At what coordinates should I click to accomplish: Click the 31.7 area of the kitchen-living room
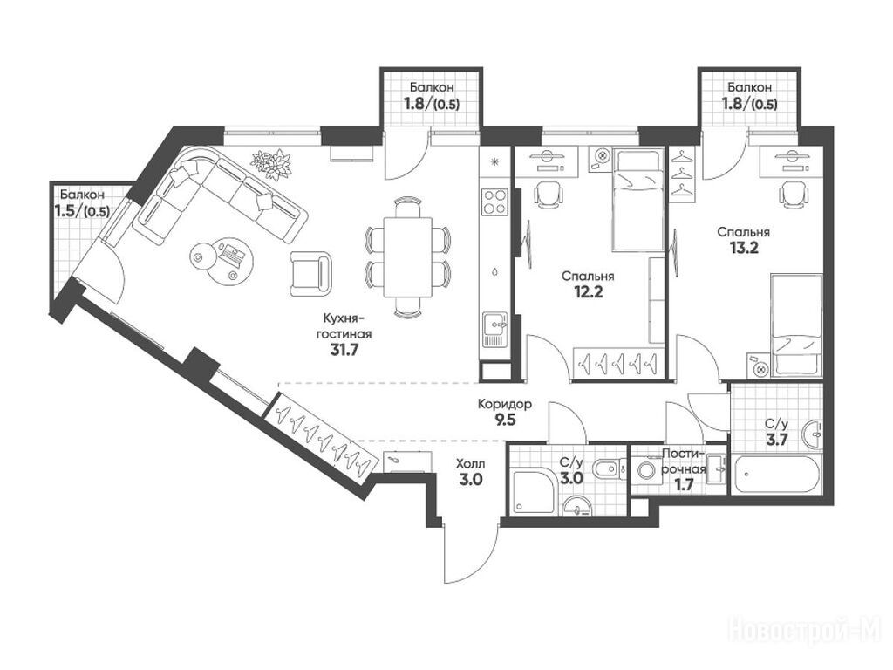point(344,350)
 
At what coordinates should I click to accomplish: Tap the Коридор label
point(505,405)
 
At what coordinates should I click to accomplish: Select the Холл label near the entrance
point(470,464)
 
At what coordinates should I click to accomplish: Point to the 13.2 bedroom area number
point(744,248)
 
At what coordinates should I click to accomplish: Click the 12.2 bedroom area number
point(588,293)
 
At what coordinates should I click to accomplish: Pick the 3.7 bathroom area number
point(776,440)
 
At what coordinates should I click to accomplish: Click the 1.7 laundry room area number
point(684,485)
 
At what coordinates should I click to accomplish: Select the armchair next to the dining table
point(310,273)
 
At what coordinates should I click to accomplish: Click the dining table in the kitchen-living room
point(407,257)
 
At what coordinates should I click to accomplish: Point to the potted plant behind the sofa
point(271,162)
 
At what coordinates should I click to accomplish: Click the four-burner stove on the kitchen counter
point(495,202)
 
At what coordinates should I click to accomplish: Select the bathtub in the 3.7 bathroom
point(776,474)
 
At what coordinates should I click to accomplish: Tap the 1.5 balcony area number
point(82,211)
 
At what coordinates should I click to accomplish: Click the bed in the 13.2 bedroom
point(795,325)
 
